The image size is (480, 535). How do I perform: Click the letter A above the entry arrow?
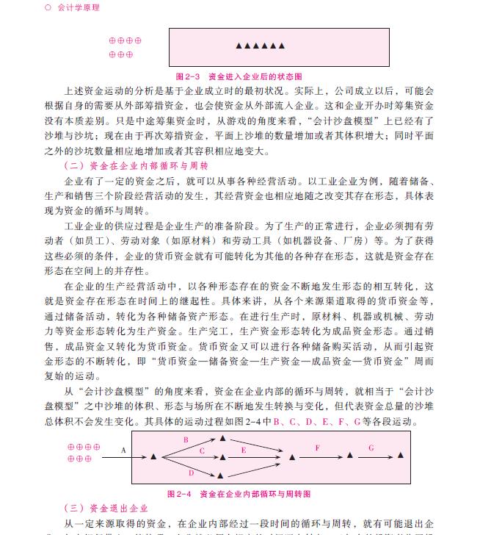tap(123, 450)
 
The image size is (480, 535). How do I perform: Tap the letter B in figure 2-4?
tap(186, 440)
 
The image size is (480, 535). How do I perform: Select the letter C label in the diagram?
tap(202, 450)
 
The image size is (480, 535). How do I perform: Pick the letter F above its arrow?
tap(317, 448)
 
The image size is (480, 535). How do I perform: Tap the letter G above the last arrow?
tap(371, 448)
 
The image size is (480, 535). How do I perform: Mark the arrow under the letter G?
tap(373, 457)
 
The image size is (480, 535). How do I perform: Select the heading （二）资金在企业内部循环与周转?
tap(137, 165)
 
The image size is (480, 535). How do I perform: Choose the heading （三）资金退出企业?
tap(106, 509)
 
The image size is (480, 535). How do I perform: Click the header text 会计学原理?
tap(78, 7)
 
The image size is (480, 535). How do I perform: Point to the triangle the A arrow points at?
tap(153, 457)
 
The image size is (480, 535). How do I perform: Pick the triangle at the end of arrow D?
tap(223, 475)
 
